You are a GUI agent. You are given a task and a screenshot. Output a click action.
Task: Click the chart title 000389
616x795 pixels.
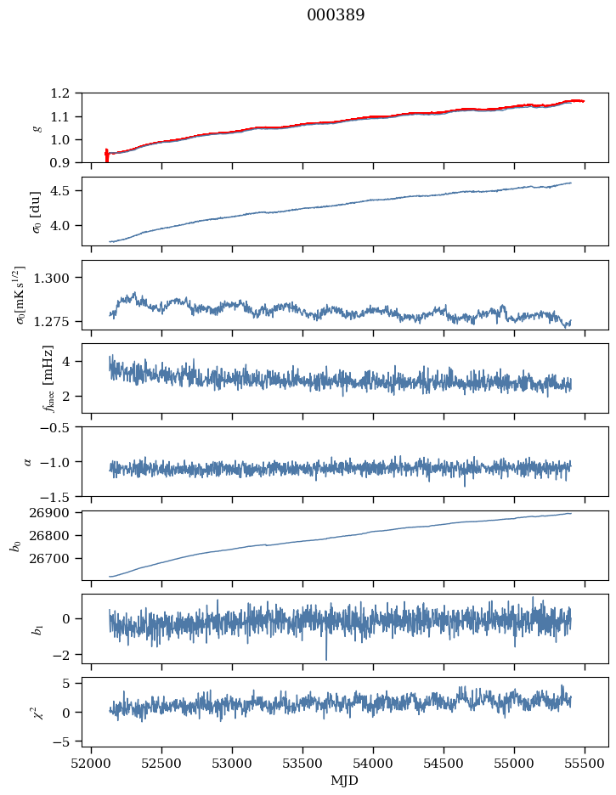[336, 15]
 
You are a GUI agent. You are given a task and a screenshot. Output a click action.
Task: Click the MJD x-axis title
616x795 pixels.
[345, 781]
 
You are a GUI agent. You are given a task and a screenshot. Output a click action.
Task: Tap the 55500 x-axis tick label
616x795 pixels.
[585, 764]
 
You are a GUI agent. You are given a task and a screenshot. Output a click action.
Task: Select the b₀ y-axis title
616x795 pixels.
[16, 544]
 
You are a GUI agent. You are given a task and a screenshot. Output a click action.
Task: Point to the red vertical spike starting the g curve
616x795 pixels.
[106, 155]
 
